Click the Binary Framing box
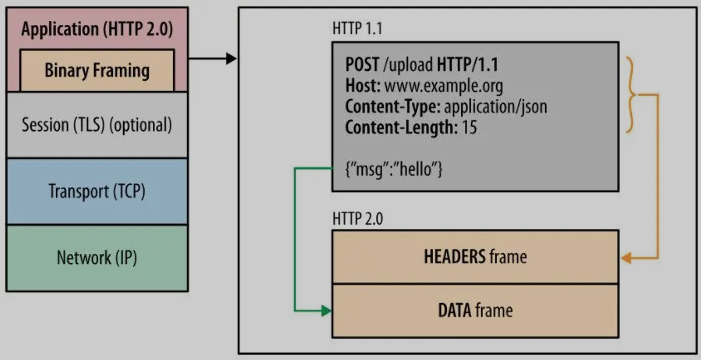(x=97, y=70)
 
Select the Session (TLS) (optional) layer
(x=97, y=125)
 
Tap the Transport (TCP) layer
(x=97, y=191)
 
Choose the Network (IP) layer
(x=97, y=258)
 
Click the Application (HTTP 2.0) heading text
(x=97, y=29)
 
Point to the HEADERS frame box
(x=475, y=256)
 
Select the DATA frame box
(x=475, y=311)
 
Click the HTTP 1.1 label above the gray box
(x=357, y=29)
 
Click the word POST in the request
(x=362, y=65)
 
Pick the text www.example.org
(x=444, y=85)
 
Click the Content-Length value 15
(x=469, y=128)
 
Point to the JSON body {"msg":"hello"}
(x=394, y=169)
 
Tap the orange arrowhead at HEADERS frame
(x=626, y=257)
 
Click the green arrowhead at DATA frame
(x=327, y=311)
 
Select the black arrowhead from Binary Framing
(x=231, y=58)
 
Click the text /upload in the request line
(x=408, y=65)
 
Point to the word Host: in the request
(x=363, y=85)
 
